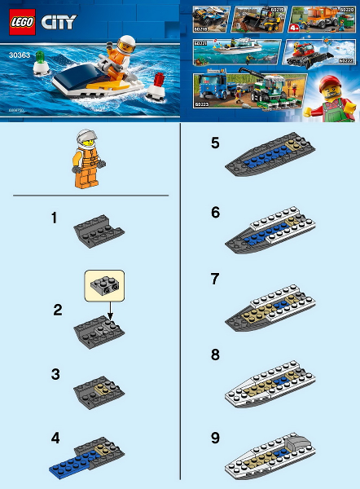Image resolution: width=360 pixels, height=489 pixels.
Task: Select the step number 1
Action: [55, 219]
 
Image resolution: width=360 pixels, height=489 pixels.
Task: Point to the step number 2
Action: [58, 310]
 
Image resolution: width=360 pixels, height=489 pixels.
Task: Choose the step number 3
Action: [55, 374]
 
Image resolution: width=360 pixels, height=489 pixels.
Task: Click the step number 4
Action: [55, 438]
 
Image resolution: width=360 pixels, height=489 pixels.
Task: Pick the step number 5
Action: [215, 144]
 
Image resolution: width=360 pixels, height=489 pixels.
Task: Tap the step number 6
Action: [215, 211]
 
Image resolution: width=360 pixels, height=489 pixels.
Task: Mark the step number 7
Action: [215, 279]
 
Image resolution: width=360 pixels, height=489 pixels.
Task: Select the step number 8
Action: [215, 355]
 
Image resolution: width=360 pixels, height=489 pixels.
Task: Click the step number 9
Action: [215, 438]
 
